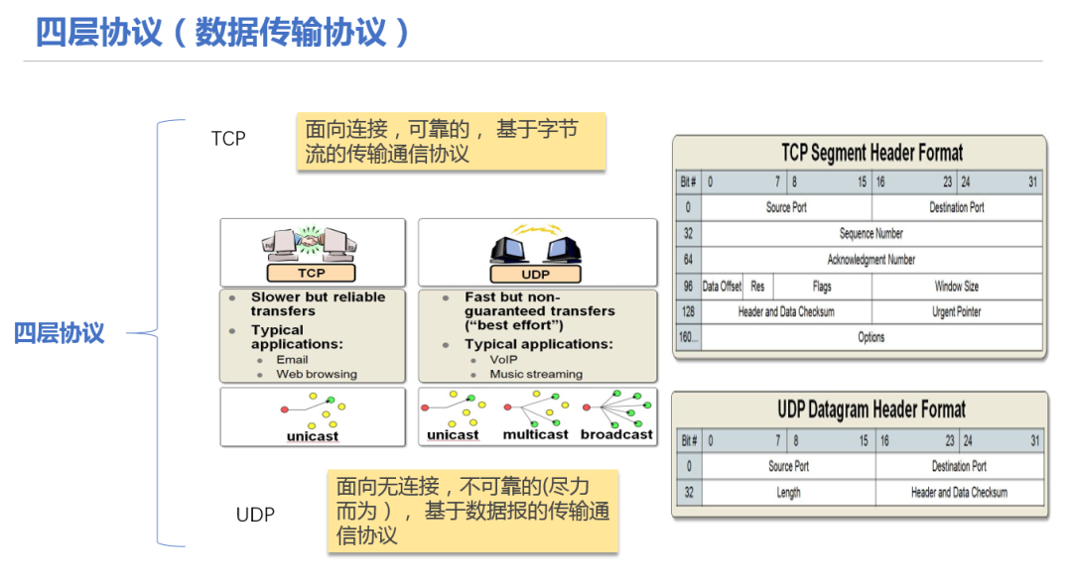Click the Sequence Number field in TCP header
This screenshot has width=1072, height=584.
(871, 234)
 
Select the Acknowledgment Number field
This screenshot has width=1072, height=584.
(871, 260)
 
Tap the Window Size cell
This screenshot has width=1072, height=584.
(957, 287)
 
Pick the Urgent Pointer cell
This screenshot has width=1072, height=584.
(957, 311)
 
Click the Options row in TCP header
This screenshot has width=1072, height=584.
(871, 337)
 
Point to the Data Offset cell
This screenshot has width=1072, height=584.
(722, 287)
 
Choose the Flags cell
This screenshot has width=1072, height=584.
(823, 287)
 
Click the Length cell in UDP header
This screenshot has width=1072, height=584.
(788, 493)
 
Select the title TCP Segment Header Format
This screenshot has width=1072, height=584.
(872, 153)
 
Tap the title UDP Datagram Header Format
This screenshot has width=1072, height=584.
(871, 409)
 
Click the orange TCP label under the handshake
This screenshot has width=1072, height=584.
(311, 274)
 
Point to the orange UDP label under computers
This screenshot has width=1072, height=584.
(535, 275)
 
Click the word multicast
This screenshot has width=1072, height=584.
(535, 434)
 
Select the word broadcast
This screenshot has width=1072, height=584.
(616, 434)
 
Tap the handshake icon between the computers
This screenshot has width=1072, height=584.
(311, 240)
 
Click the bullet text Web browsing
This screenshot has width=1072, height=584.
(317, 375)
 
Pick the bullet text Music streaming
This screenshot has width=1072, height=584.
(536, 375)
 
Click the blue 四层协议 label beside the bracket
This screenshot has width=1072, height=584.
(60, 333)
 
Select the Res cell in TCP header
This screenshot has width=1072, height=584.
(757, 287)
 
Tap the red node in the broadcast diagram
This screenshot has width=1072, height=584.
(586, 408)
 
